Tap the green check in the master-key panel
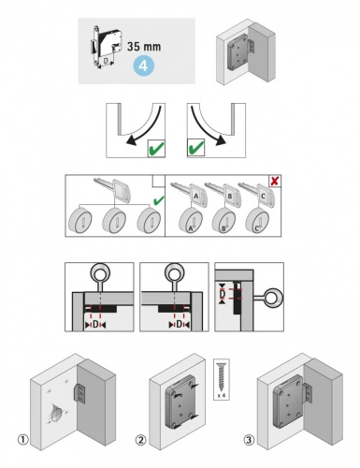click(x=156, y=200)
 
